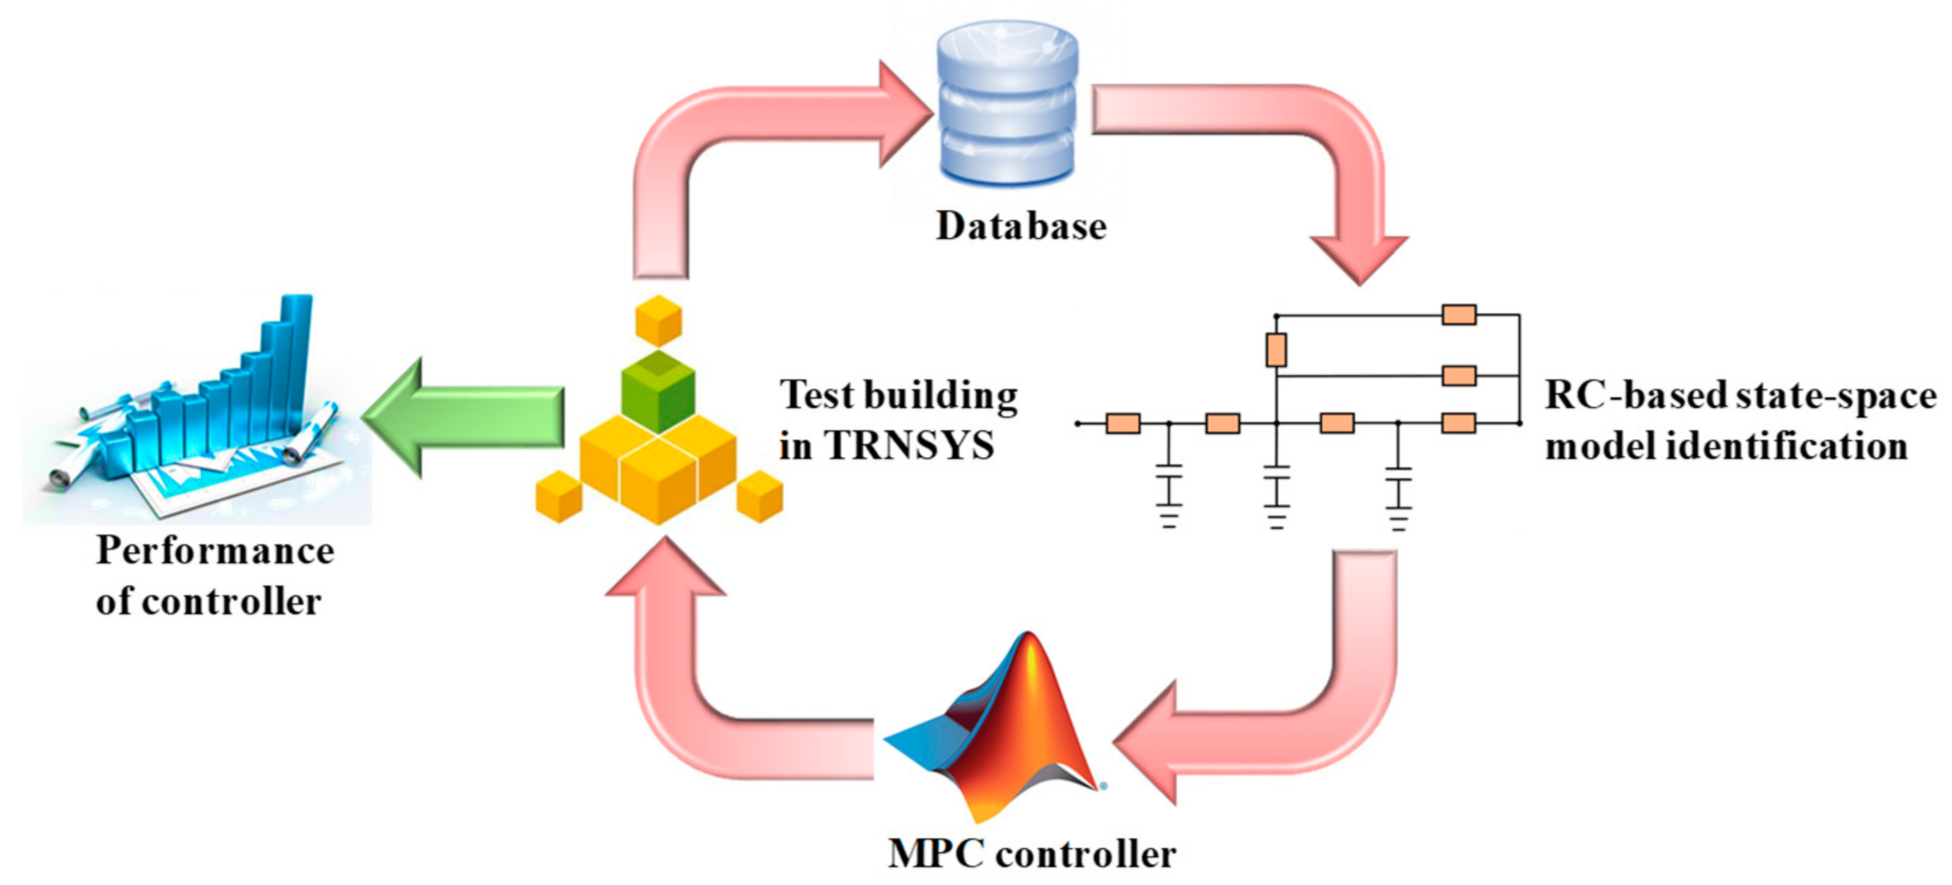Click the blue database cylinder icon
1007,103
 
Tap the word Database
1021,227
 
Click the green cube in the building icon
658,391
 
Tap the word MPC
936,854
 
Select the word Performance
215,551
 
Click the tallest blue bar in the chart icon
296,361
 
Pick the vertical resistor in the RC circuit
1276,350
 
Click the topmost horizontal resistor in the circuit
1459,314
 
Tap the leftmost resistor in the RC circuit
1123,423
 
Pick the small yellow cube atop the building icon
658,320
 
